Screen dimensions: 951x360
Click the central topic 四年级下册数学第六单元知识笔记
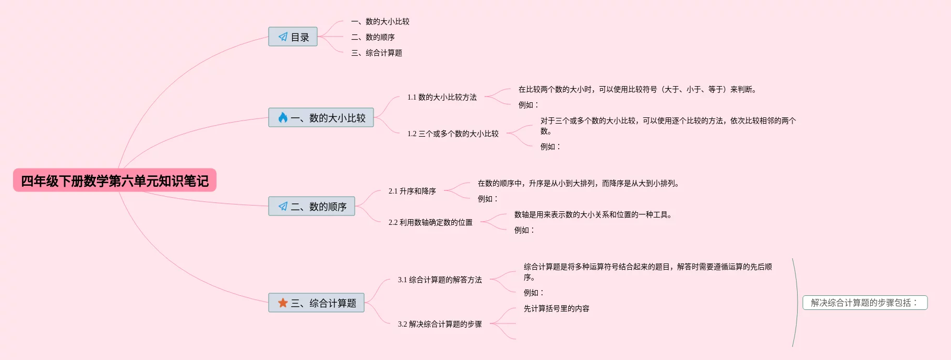(114, 181)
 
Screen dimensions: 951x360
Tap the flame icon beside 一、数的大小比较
(283, 118)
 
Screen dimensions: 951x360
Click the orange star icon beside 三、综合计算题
(283, 303)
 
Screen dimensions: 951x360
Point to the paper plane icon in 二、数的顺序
(283, 207)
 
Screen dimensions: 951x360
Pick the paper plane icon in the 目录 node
(283, 37)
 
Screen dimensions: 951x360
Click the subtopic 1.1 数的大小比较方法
(442, 97)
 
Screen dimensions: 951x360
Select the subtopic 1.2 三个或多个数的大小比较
(453, 134)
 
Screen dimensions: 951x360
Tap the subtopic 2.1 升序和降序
(412, 191)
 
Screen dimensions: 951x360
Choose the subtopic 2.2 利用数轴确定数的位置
(430, 222)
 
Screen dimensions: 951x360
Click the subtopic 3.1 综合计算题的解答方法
(440, 280)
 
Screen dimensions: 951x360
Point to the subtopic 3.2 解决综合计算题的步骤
(440, 324)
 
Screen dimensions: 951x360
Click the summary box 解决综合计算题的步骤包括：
(864, 303)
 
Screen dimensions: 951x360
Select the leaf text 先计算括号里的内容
(557, 308)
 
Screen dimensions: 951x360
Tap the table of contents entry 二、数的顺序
(373, 37)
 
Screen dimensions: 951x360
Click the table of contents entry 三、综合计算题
(377, 53)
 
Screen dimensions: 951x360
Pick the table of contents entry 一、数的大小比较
(380, 21)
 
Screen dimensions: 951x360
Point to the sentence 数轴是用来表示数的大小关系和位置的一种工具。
(593, 214)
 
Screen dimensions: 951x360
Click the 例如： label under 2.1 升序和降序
(488, 199)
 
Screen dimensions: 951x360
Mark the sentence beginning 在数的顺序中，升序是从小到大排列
(578, 183)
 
